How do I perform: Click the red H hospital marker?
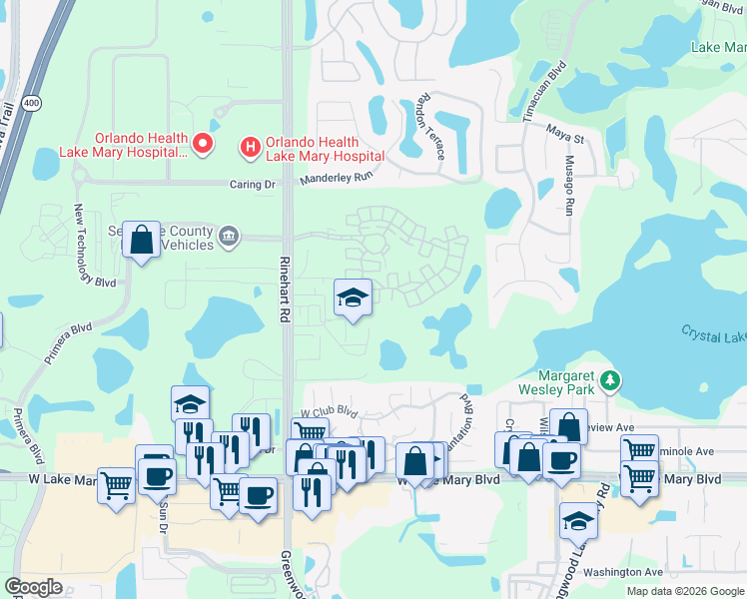tap(250, 148)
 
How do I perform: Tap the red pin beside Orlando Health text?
tap(203, 145)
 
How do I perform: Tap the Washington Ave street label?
tap(623, 572)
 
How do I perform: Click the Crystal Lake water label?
tap(713, 332)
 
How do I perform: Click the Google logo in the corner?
tap(34, 587)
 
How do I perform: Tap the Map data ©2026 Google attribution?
tap(685, 591)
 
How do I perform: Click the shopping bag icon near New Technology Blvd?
tap(142, 240)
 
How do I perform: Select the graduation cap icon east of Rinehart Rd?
tap(352, 298)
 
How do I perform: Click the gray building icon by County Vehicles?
tap(229, 236)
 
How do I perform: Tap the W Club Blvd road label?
tap(330, 410)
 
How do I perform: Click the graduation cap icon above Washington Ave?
tap(578, 520)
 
